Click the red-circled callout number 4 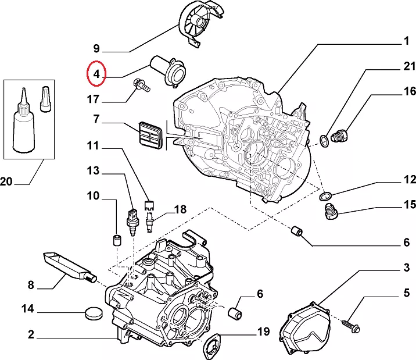point(96,74)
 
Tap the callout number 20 point(6,181)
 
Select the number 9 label point(96,49)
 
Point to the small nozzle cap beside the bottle point(45,99)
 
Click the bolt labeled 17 point(142,85)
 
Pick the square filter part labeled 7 point(150,136)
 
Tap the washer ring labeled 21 point(324,141)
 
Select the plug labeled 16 point(339,136)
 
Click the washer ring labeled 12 point(325,197)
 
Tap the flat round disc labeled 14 point(94,313)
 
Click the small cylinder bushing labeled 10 point(116,240)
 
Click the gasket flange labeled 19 point(211,346)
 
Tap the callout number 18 point(181,209)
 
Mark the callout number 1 point(407,41)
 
